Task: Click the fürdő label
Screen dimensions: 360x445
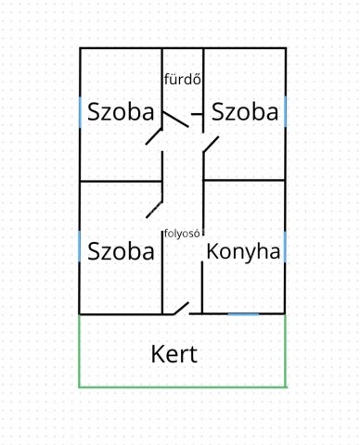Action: coord(183,80)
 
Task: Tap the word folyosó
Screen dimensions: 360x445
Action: coord(182,234)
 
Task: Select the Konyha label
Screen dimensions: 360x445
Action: coord(243,252)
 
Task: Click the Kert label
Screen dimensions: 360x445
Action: coord(174,354)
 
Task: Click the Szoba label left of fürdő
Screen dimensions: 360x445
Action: coord(121,111)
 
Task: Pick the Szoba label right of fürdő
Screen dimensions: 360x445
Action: coord(245,111)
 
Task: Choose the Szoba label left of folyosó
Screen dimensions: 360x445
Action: coord(121,251)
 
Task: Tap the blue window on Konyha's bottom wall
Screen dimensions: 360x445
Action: coord(243,314)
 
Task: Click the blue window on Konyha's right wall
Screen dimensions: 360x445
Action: coord(285,248)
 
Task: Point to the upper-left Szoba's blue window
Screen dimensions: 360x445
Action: coord(81,112)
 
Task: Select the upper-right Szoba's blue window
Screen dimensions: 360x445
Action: coord(285,111)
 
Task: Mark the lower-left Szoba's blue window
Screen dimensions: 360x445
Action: coord(80,247)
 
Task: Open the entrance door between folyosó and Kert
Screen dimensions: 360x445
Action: coord(182,308)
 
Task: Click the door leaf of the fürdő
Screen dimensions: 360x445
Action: coord(175,120)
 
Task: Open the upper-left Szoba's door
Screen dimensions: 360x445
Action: coord(154,136)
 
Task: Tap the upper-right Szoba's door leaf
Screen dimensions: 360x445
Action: coord(211,144)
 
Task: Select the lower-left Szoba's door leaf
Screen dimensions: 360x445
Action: coord(154,210)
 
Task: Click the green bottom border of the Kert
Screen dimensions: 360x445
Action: coord(183,387)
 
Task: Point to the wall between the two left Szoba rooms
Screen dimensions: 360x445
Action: coord(121,181)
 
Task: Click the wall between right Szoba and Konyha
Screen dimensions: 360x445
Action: coord(244,180)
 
